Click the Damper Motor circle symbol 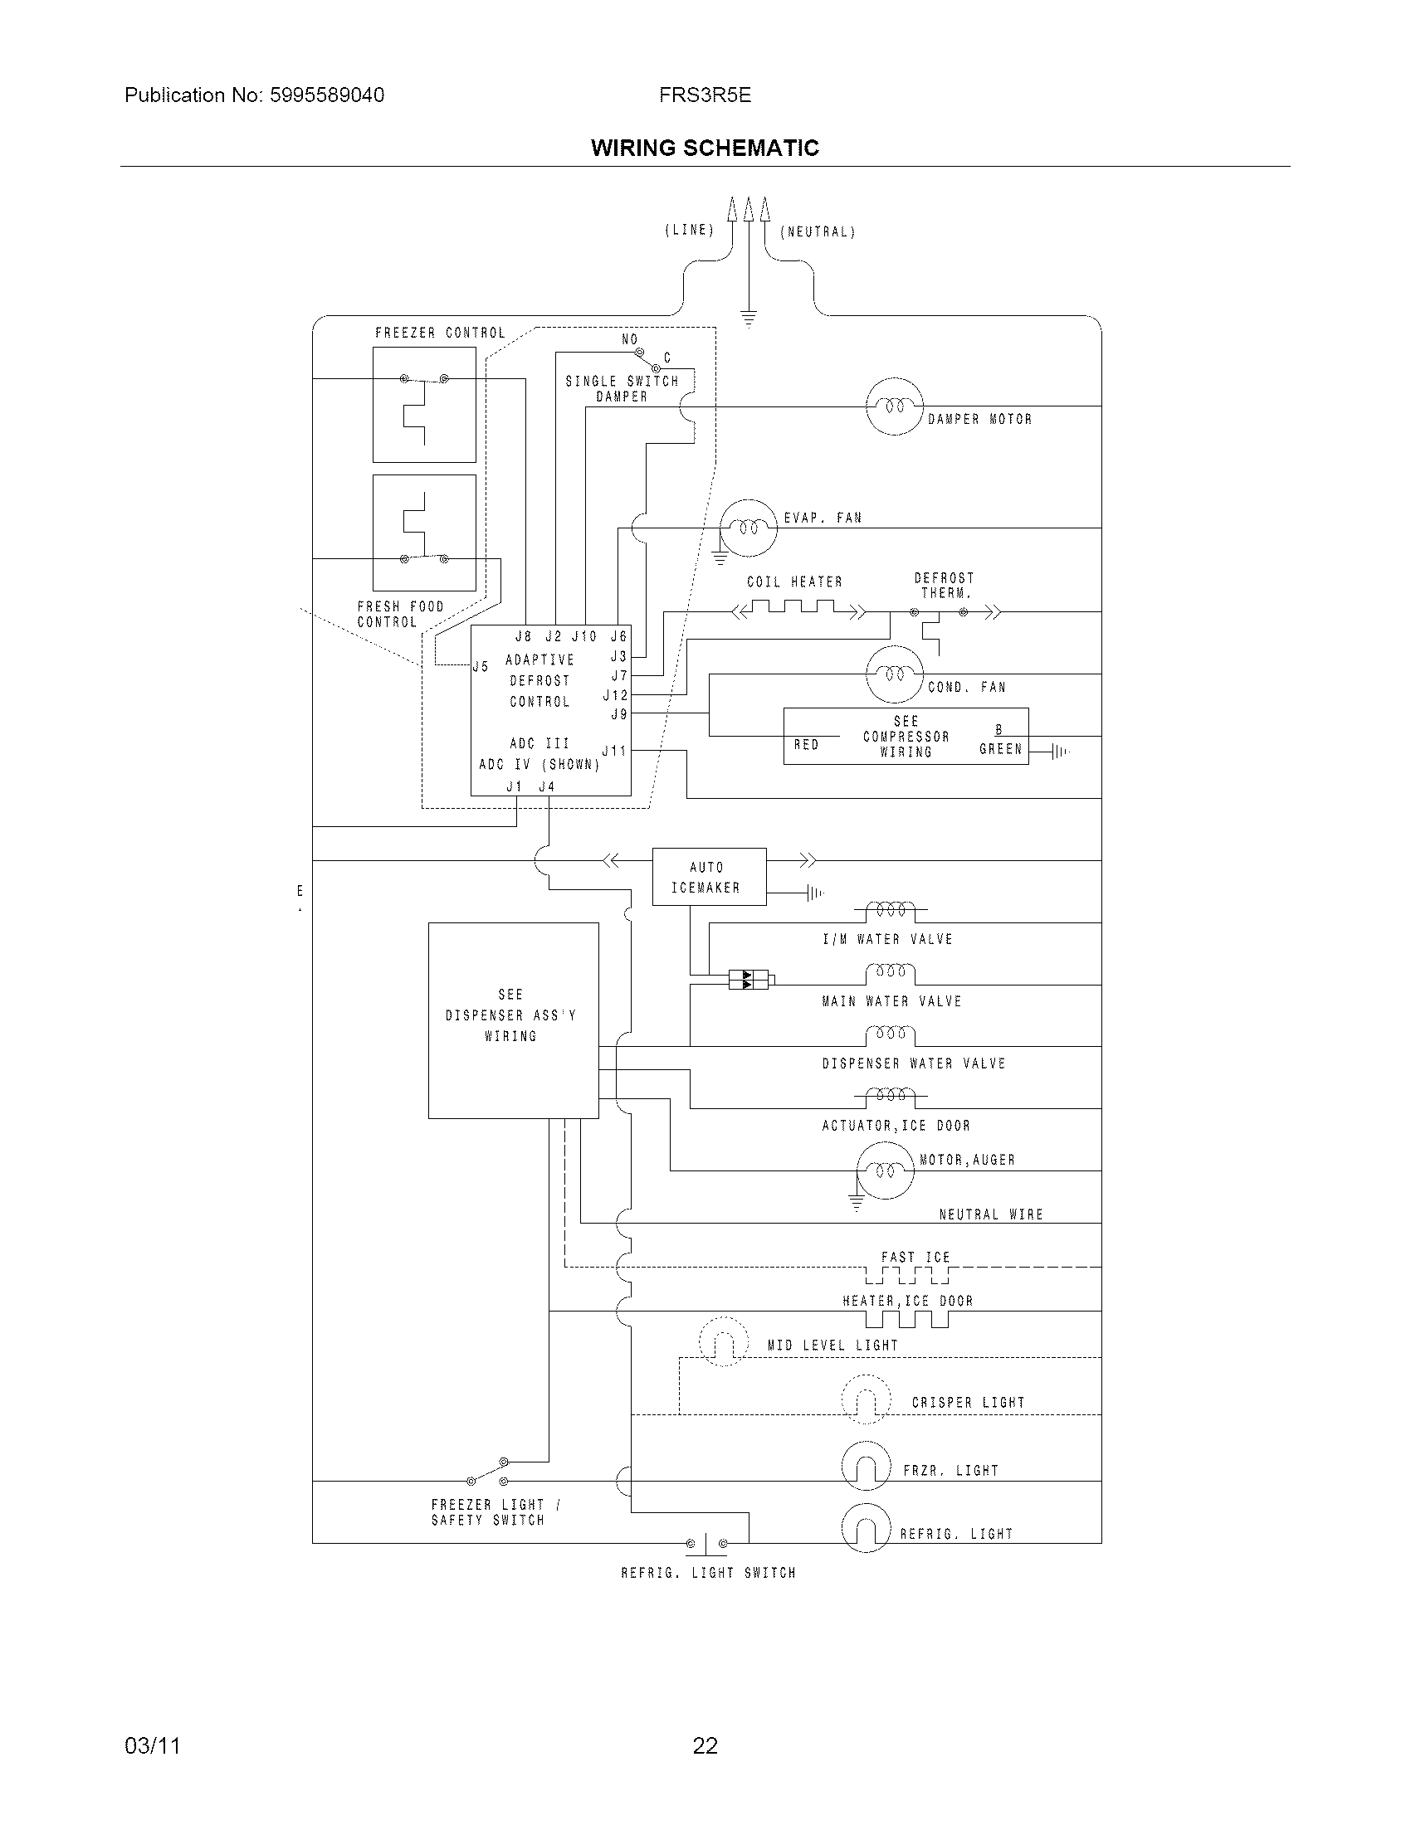point(895,406)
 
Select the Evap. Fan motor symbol point(749,528)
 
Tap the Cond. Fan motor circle point(895,674)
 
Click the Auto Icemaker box point(709,877)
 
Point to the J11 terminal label point(614,751)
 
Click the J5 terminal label point(481,666)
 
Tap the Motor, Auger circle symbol point(886,1170)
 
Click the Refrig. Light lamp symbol point(866,1528)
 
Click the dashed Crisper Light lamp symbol point(866,1399)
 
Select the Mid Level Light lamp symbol point(723,1341)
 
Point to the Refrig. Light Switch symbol point(706,1543)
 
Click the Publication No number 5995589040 point(327,95)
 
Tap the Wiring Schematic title point(705,148)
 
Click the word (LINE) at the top point(690,230)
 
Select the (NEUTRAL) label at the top point(818,231)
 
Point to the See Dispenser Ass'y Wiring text point(510,1015)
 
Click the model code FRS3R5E point(705,95)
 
